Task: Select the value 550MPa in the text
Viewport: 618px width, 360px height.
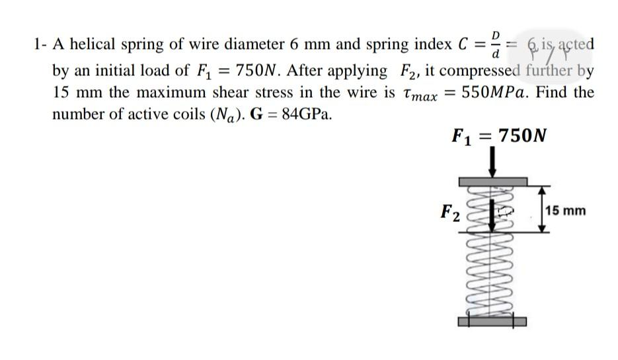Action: [x=497, y=92]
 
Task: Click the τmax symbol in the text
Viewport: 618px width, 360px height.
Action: [x=419, y=94]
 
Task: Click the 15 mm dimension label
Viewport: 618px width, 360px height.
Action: [x=566, y=211]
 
